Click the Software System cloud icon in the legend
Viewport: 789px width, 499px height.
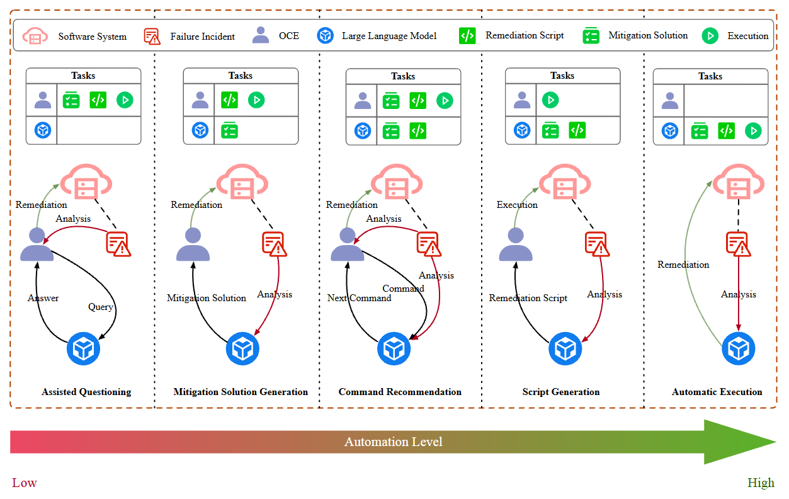[35, 36]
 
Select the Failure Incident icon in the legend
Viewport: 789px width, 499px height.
[152, 36]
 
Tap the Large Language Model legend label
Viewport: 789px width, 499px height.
[389, 36]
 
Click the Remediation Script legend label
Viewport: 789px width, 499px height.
[525, 36]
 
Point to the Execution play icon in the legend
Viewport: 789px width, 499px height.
[710, 36]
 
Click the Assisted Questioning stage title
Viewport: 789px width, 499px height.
[86, 392]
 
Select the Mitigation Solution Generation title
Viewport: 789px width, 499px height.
[241, 392]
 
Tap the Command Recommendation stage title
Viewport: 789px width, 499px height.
[400, 392]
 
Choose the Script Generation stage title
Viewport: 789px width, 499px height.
[560, 392]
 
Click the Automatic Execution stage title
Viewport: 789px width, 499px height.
[717, 392]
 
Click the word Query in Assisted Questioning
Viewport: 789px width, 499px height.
[101, 307]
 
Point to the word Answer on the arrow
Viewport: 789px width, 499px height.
[43, 298]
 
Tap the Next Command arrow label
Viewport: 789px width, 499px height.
[359, 298]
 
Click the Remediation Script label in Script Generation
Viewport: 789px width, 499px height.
[528, 298]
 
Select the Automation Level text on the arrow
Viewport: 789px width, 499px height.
[393, 442]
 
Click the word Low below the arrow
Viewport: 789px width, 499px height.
[25, 483]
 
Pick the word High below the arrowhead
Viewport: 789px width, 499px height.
[761, 483]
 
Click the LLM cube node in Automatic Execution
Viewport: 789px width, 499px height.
[738, 348]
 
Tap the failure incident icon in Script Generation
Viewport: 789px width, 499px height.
[595, 244]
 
